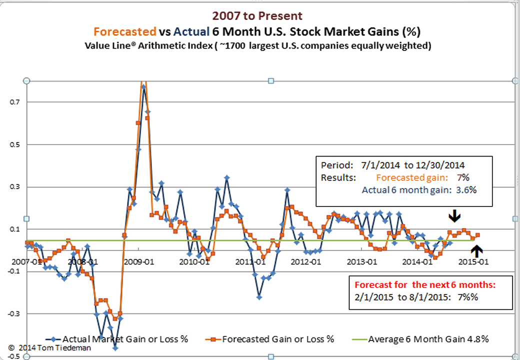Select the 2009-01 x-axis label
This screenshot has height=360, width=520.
138,261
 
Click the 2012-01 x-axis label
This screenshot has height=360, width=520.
305,261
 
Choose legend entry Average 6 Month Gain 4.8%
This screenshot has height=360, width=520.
427,339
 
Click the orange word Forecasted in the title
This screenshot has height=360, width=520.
124,31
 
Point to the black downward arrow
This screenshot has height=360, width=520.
454,215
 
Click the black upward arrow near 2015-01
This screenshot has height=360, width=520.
477,250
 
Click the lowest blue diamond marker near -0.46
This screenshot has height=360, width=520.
115,348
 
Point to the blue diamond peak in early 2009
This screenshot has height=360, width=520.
143,86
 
